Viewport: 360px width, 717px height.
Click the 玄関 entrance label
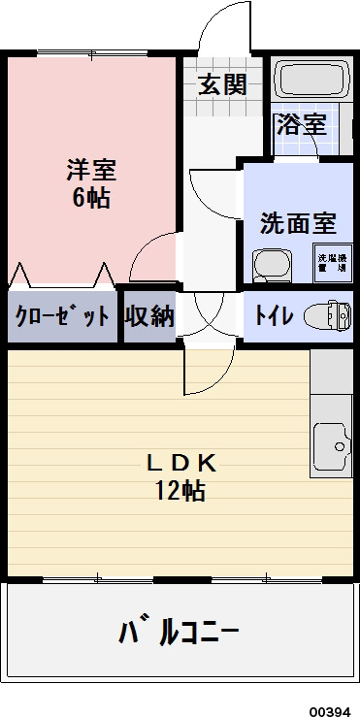(x=222, y=83)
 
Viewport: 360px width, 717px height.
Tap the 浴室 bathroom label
(x=301, y=123)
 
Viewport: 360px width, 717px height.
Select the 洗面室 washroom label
(x=298, y=223)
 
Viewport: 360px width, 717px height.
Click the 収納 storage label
(x=149, y=316)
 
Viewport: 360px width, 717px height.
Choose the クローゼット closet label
(x=60, y=316)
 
